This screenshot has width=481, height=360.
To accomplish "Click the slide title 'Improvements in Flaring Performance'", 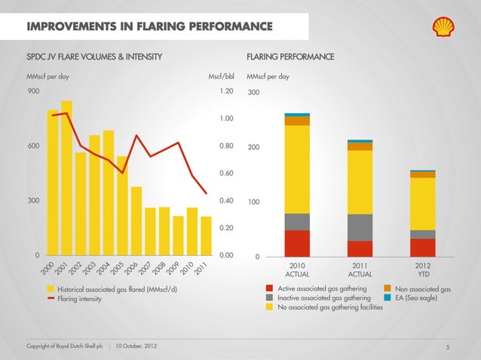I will point(149,28).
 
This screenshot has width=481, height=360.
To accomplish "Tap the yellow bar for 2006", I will point(136,221).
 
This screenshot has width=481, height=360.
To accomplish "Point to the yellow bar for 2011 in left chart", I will point(206,236).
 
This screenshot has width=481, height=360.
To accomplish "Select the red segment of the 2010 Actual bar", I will point(297,243).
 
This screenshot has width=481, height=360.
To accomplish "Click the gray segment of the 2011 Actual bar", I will point(360,227).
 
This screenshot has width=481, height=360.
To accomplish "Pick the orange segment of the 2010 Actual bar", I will point(297,121).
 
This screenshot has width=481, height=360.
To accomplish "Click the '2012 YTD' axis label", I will point(423,270).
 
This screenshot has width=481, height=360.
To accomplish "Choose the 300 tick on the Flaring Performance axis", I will point(254,93).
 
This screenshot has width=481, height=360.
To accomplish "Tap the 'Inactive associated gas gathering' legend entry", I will point(323,297).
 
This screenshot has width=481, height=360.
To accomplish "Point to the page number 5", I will point(447,347).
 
